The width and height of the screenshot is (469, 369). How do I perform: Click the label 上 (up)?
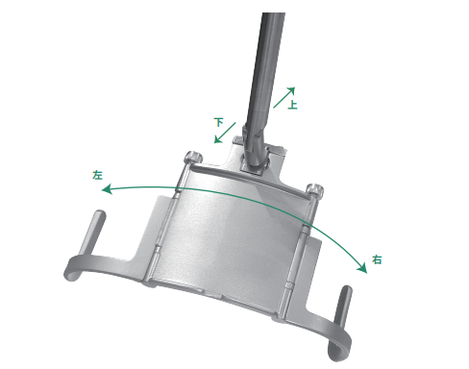pyautogui.click(x=292, y=105)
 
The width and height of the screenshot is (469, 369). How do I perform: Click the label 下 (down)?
pyautogui.click(x=219, y=122)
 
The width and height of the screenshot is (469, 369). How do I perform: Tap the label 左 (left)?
pyautogui.click(x=97, y=175)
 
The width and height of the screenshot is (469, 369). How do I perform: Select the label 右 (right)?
pyautogui.click(x=377, y=259)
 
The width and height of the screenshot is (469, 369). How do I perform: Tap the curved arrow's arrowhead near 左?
pyautogui.click(x=107, y=189)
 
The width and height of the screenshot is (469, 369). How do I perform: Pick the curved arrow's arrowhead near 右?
pyautogui.click(x=362, y=268)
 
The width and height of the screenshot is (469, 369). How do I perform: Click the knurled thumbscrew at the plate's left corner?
pyautogui.click(x=193, y=157)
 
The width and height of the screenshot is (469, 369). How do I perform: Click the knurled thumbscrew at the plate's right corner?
pyautogui.click(x=314, y=189)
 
